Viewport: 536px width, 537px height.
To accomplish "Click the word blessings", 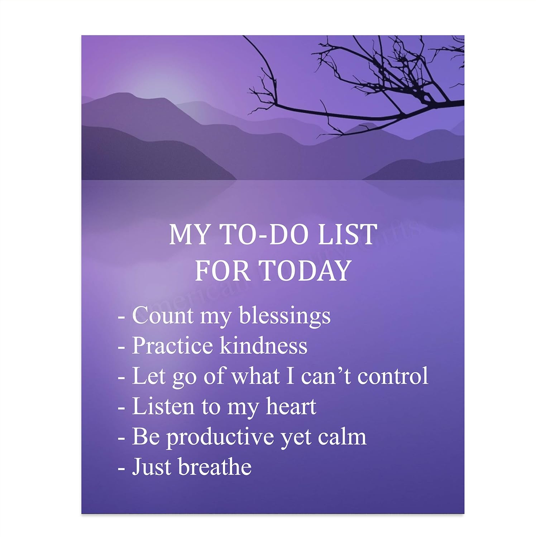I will pyautogui.click(x=285, y=316).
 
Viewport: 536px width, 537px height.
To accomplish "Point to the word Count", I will pyautogui.click(x=163, y=316).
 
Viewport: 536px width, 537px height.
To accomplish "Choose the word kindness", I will pyautogui.click(x=263, y=346).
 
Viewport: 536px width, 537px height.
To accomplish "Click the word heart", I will pyautogui.click(x=291, y=407).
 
